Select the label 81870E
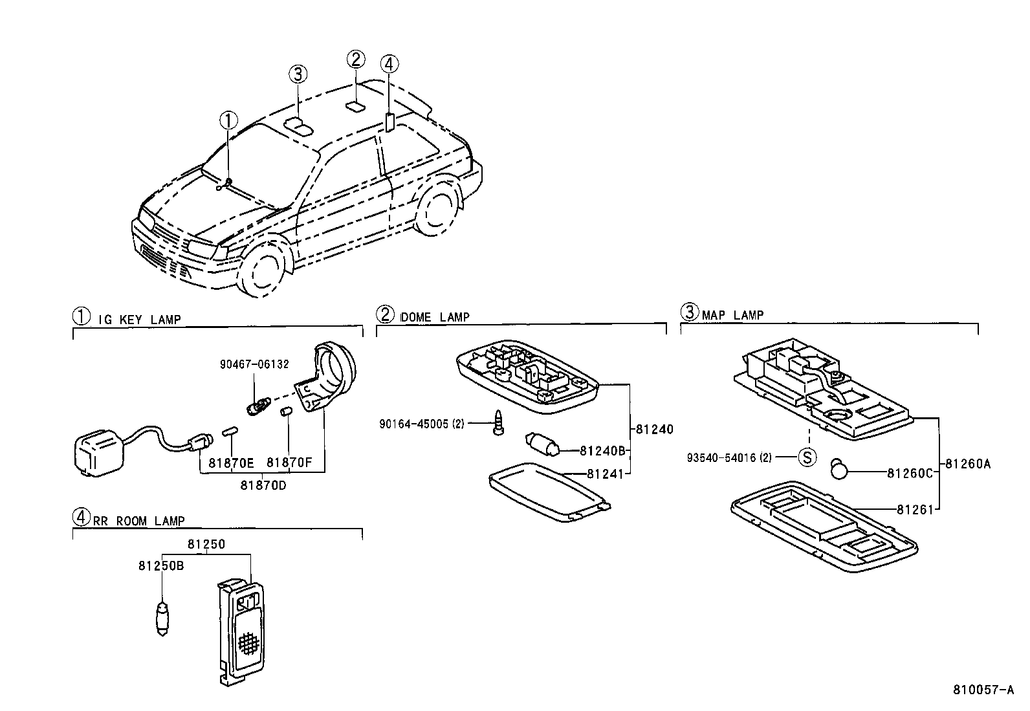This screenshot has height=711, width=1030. pyautogui.click(x=231, y=463)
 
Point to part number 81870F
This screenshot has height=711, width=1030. pyautogui.click(x=289, y=463)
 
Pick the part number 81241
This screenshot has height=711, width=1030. pyautogui.click(x=605, y=474)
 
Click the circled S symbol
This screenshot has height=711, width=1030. pyautogui.click(x=806, y=457)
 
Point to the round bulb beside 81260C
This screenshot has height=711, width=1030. pyautogui.click(x=839, y=468)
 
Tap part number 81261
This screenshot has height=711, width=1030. pyautogui.click(x=915, y=510)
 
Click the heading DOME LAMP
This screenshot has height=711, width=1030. pyautogui.click(x=435, y=317)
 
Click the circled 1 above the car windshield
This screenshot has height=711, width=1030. pyautogui.click(x=228, y=120)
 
